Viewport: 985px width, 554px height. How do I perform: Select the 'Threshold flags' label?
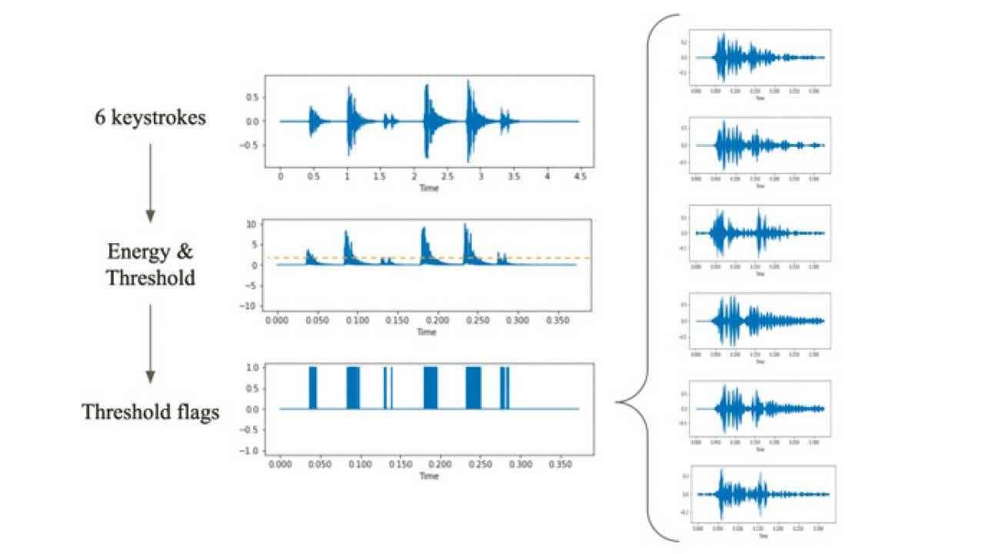click(x=150, y=412)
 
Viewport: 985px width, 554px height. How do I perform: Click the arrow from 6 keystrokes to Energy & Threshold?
click(x=150, y=183)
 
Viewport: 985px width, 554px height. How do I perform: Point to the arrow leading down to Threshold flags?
click(x=150, y=343)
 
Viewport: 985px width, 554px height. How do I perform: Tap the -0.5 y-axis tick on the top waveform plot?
click(x=249, y=145)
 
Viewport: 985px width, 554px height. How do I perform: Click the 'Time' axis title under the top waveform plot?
click(x=429, y=188)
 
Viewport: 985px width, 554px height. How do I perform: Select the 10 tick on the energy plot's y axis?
click(x=250, y=225)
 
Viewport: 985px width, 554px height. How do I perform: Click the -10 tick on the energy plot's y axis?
click(x=248, y=306)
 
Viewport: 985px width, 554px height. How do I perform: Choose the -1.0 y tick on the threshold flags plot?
click(x=250, y=451)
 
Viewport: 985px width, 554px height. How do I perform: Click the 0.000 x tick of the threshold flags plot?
click(x=280, y=466)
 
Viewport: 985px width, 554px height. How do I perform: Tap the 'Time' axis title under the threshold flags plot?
click(x=429, y=476)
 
